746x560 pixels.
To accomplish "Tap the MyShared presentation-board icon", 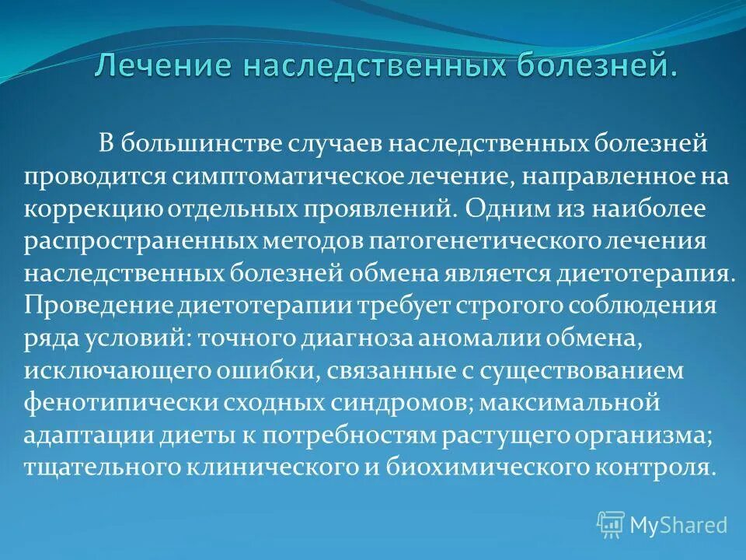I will (611, 524).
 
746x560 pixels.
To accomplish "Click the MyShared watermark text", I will (678, 525).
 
